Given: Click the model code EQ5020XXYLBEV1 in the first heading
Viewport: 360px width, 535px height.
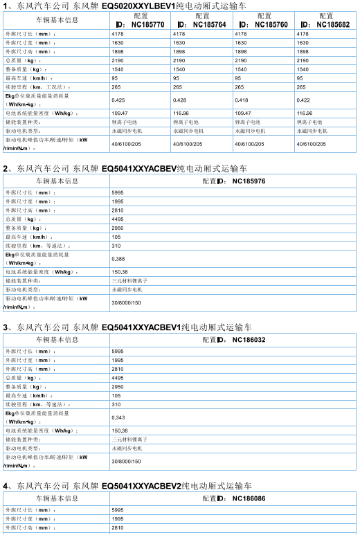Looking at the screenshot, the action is coord(141,6).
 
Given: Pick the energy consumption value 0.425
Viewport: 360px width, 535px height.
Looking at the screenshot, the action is coord(118,100).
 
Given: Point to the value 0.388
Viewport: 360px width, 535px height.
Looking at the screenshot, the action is coord(118,259).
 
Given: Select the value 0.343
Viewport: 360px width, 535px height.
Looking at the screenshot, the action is coord(118,417).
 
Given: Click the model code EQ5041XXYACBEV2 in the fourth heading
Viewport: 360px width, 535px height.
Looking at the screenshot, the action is coord(141,486).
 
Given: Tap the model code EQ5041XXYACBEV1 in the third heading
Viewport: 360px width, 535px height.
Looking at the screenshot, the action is coord(141,327).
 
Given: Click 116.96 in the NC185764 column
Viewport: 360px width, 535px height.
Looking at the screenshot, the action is coord(181,113).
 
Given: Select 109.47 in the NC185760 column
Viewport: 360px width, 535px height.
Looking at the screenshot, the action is coord(243,113).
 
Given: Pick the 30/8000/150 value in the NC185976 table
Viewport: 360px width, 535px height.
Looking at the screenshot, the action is coord(126,302).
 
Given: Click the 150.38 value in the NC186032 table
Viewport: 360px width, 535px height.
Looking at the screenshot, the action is coord(119,430).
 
